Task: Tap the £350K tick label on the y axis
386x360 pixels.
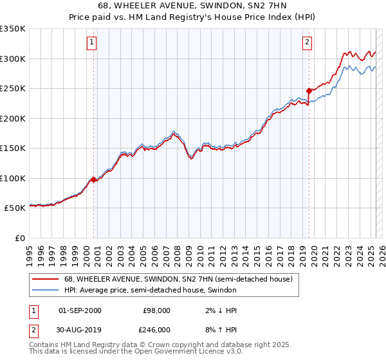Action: pos(13,29)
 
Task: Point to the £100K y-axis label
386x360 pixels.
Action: pos(13,178)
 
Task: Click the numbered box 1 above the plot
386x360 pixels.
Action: pos(92,43)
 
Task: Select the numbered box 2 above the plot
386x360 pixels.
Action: pos(307,43)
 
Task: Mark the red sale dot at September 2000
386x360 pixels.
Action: pos(93,179)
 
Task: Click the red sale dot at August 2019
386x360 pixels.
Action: pos(309,91)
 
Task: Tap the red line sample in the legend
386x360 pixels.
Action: pos(46,279)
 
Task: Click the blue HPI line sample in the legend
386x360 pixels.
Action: pos(46,290)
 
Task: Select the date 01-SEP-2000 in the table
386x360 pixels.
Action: pos(80,310)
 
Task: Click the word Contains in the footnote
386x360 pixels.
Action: pos(44,345)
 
